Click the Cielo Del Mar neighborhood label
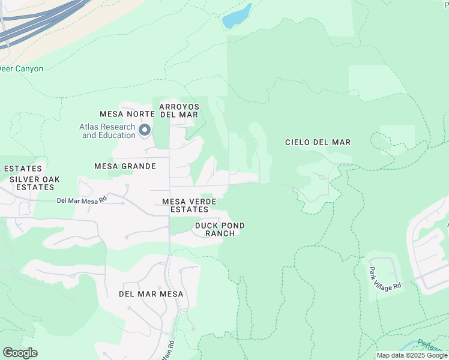[x=317, y=142]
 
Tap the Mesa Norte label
[x=124, y=114]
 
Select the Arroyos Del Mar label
[x=179, y=110]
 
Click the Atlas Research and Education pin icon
[x=145, y=130]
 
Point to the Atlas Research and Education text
[x=108, y=131]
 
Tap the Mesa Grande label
[x=125, y=166]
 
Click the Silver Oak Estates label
[x=34, y=183]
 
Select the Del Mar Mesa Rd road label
[x=82, y=200]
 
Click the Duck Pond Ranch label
[x=220, y=229]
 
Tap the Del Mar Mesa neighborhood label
[x=151, y=294]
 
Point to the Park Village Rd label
[x=385, y=278]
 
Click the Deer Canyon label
[x=22, y=69]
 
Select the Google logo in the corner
[x=20, y=353]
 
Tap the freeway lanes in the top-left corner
[x=36, y=24]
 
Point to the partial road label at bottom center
[x=172, y=347]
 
